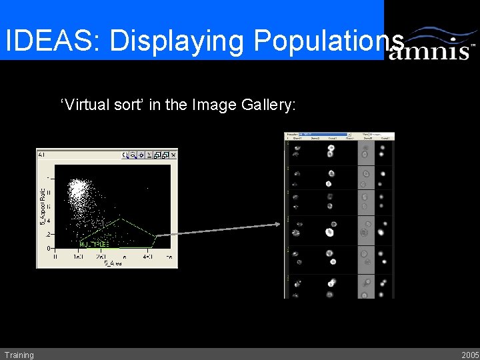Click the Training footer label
19,355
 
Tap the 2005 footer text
470,355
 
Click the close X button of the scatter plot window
173,155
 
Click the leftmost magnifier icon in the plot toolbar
125,155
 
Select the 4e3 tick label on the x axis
147,257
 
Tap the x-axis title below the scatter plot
113,264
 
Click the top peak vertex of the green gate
119,219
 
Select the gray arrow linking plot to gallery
220,229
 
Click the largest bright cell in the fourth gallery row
329,232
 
